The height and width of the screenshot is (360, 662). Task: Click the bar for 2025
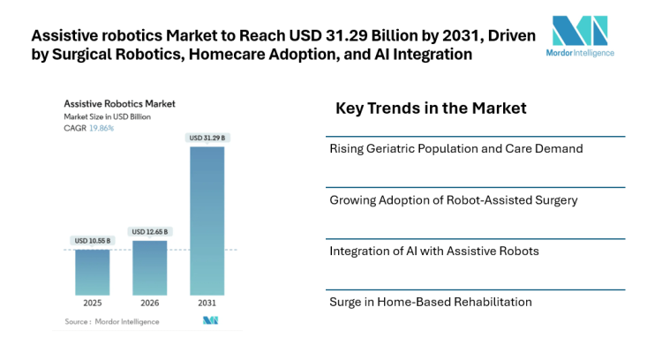click(93, 272)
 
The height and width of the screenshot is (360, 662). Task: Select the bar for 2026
click(149, 267)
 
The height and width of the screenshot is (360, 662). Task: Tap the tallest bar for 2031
click(207, 221)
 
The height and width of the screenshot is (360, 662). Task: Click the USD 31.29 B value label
click(207, 138)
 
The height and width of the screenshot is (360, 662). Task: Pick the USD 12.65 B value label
click(149, 231)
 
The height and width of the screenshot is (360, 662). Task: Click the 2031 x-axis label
click(207, 303)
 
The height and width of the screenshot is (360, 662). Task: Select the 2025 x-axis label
click(93, 303)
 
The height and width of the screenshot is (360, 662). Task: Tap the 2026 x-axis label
click(149, 303)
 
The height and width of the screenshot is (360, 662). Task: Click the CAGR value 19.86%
click(102, 128)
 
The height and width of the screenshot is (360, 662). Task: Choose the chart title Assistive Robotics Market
click(119, 103)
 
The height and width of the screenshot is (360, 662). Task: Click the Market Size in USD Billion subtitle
click(106, 116)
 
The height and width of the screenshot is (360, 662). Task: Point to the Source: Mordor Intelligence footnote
click(112, 321)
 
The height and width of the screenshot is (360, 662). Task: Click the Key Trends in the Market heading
click(431, 109)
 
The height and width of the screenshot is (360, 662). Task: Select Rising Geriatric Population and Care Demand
click(455, 149)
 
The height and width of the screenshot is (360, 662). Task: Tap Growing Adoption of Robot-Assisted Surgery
click(453, 200)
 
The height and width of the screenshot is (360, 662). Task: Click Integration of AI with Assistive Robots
click(433, 251)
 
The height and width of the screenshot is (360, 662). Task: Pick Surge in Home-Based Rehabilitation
click(431, 302)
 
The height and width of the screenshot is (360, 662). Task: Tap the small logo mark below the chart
click(210, 320)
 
